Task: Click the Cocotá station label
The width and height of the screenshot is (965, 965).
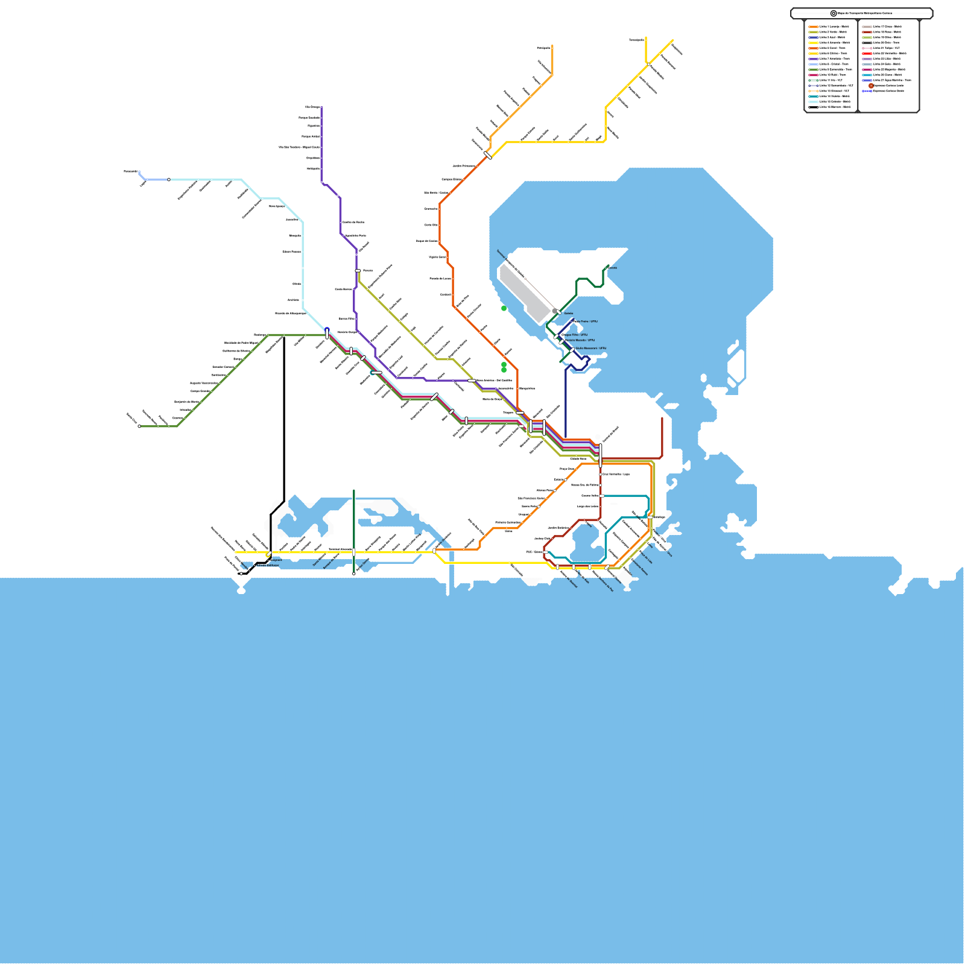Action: tap(613, 268)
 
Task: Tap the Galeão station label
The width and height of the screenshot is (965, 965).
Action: tap(569, 314)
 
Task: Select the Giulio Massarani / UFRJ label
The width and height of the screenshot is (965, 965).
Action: tap(590, 349)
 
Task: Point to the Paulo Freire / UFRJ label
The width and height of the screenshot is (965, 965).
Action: tap(585, 321)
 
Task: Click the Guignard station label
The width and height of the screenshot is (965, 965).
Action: tap(276, 560)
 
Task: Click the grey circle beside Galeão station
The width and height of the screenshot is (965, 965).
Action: tap(554, 311)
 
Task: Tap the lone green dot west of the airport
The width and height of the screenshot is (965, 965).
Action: tap(504, 308)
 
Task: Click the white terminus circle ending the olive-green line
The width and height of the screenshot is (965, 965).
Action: tap(139, 426)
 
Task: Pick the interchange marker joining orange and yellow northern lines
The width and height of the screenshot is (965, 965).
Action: tap(488, 156)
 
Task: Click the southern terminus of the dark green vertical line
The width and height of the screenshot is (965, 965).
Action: tap(354, 574)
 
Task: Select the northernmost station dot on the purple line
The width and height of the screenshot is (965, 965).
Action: tap(321, 107)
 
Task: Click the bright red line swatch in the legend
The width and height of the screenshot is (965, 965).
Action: tap(867, 53)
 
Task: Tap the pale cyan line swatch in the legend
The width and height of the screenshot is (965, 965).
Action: tap(814, 101)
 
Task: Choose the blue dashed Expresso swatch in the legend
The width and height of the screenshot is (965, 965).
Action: tap(867, 91)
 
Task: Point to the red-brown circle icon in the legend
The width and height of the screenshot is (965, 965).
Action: tap(871, 86)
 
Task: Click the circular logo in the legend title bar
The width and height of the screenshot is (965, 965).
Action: tap(834, 13)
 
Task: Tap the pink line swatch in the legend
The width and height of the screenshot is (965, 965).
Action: tap(867, 48)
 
